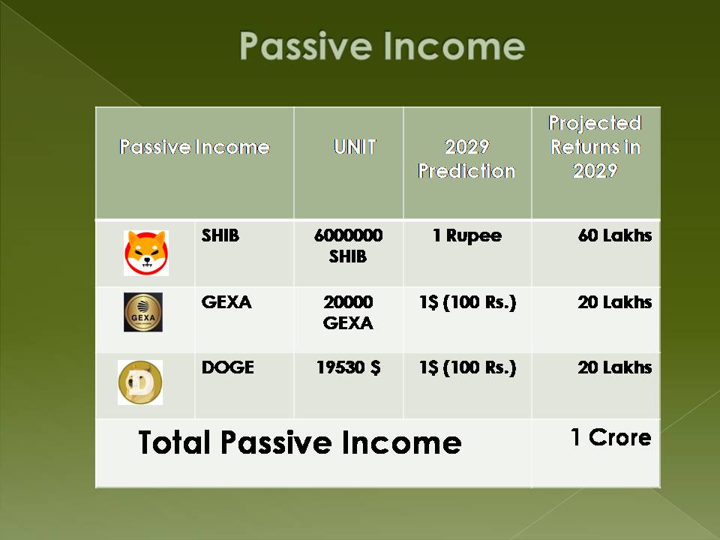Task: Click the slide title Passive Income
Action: (x=382, y=46)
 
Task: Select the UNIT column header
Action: (x=355, y=147)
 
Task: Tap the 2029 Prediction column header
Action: (x=466, y=159)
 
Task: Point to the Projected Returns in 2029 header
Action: (x=595, y=147)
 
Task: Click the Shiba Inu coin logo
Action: (x=146, y=253)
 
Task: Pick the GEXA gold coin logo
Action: (x=142, y=312)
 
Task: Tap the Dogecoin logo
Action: (x=140, y=382)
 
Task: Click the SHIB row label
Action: (x=220, y=235)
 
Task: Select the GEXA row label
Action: (x=226, y=302)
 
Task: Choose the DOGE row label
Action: (x=228, y=367)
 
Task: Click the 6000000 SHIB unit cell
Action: (x=348, y=246)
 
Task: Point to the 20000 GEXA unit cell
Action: (x=348, y=312)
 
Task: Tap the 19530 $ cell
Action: (x=349, y=367)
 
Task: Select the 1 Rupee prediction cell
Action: (x=467, y=235)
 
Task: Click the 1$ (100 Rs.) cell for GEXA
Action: (x=467, y=302)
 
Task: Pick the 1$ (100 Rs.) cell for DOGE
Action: (x=467, y=367)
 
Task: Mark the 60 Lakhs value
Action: (x=615, y=235)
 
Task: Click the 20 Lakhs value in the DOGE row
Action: (x=615, y=367)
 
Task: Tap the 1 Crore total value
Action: (x=611, y=437)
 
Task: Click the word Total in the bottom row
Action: (x=174, y=442)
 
